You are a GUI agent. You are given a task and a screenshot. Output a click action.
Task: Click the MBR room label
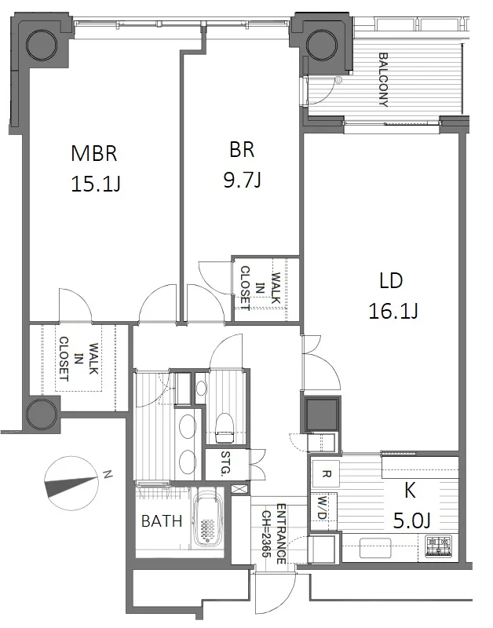[x=94, y=154]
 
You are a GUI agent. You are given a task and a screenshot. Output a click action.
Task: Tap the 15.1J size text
[x=96, y=184]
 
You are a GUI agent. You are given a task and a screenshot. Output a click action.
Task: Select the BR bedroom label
[x=242, y=150]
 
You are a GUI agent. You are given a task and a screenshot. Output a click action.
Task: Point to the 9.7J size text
[x=243, y=180]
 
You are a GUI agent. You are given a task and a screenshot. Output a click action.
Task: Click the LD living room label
[x=391, y=281]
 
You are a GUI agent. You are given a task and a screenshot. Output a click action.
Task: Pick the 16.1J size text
[x=393, y=311]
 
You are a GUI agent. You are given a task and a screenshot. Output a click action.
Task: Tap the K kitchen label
[x=410, y=491]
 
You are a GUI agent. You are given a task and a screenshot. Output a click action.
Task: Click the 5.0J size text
[x=412, y=520]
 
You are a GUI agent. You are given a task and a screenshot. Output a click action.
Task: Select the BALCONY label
[x=383, y=80]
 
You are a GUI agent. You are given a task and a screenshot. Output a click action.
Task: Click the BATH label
[x=162, y=521]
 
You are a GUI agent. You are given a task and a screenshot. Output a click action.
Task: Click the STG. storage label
[x=226, y=463]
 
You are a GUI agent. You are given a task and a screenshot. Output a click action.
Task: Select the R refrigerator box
[x=326, y=474]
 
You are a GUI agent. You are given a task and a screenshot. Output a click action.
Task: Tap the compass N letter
[x=107, y=475]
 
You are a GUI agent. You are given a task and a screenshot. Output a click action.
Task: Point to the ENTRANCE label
[x=281, y=534]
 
